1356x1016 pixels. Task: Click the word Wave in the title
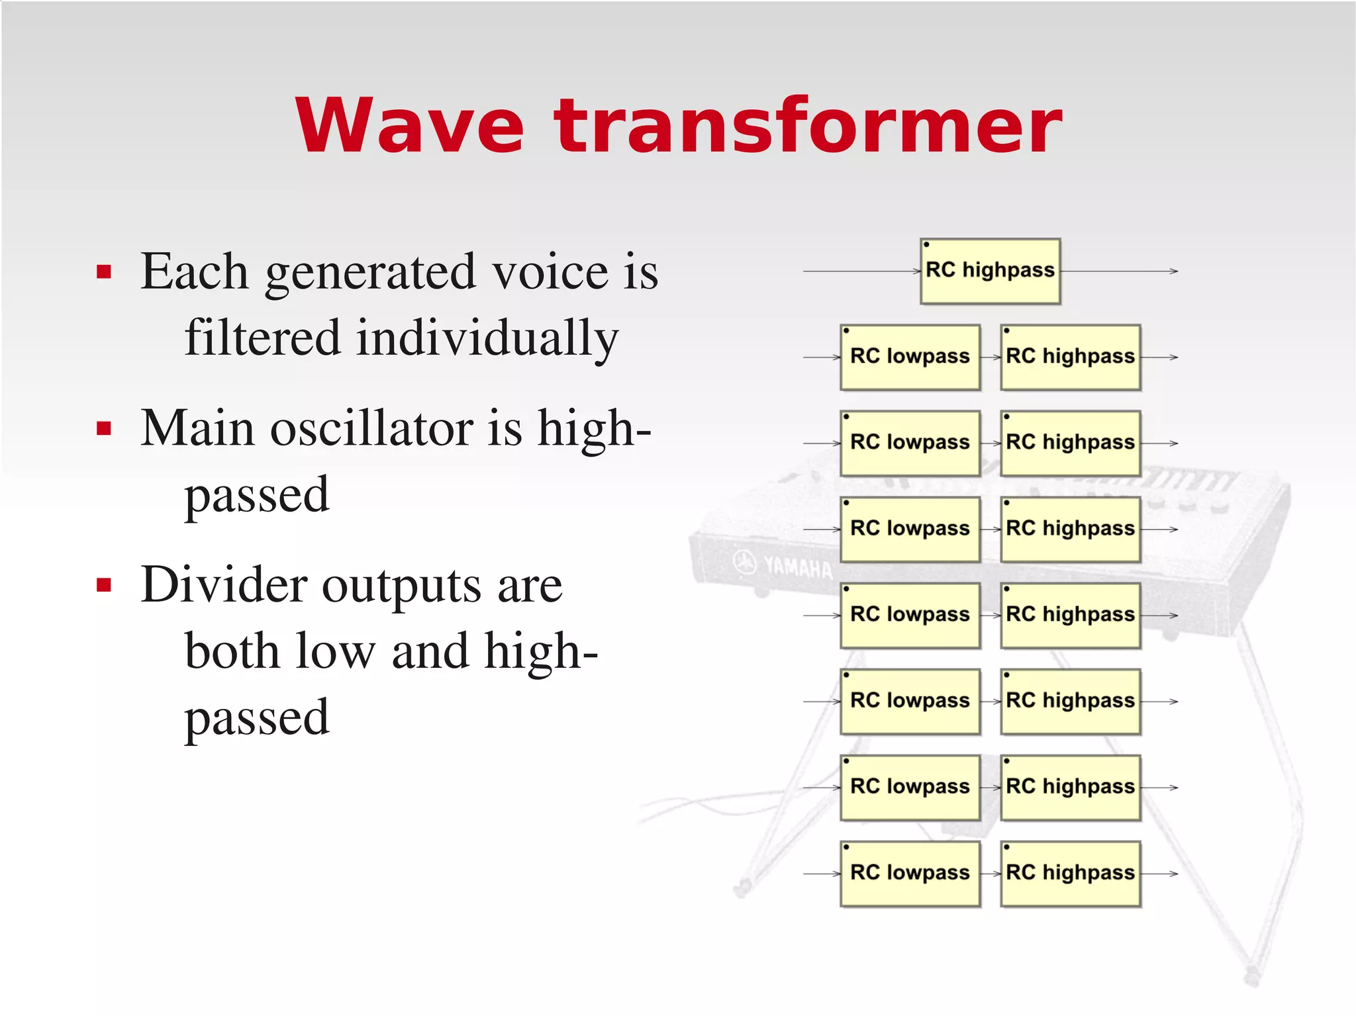tap(410, 126)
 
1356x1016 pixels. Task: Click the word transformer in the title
tap(808, 126)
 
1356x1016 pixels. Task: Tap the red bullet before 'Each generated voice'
tap(103, 271)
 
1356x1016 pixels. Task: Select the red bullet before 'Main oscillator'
tap(103, 428)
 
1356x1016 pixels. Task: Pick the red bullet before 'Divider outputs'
tap(103, 585)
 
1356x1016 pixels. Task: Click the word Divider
tap(224, 585)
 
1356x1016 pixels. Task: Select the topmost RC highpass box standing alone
tap(990, 271)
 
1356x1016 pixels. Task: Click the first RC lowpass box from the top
tap(910, 357)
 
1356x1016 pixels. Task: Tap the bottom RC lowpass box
tap(910, 874)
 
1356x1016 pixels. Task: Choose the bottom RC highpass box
tap(1070, 874)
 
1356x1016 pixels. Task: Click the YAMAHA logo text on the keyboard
tap(797, 567)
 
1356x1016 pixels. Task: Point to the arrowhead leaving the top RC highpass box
tap(1174, 271)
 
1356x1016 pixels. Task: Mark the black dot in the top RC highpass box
tap(926, 245)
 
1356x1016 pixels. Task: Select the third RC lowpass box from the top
tap(910, 530)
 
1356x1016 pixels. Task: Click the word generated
tap(370, 273)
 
